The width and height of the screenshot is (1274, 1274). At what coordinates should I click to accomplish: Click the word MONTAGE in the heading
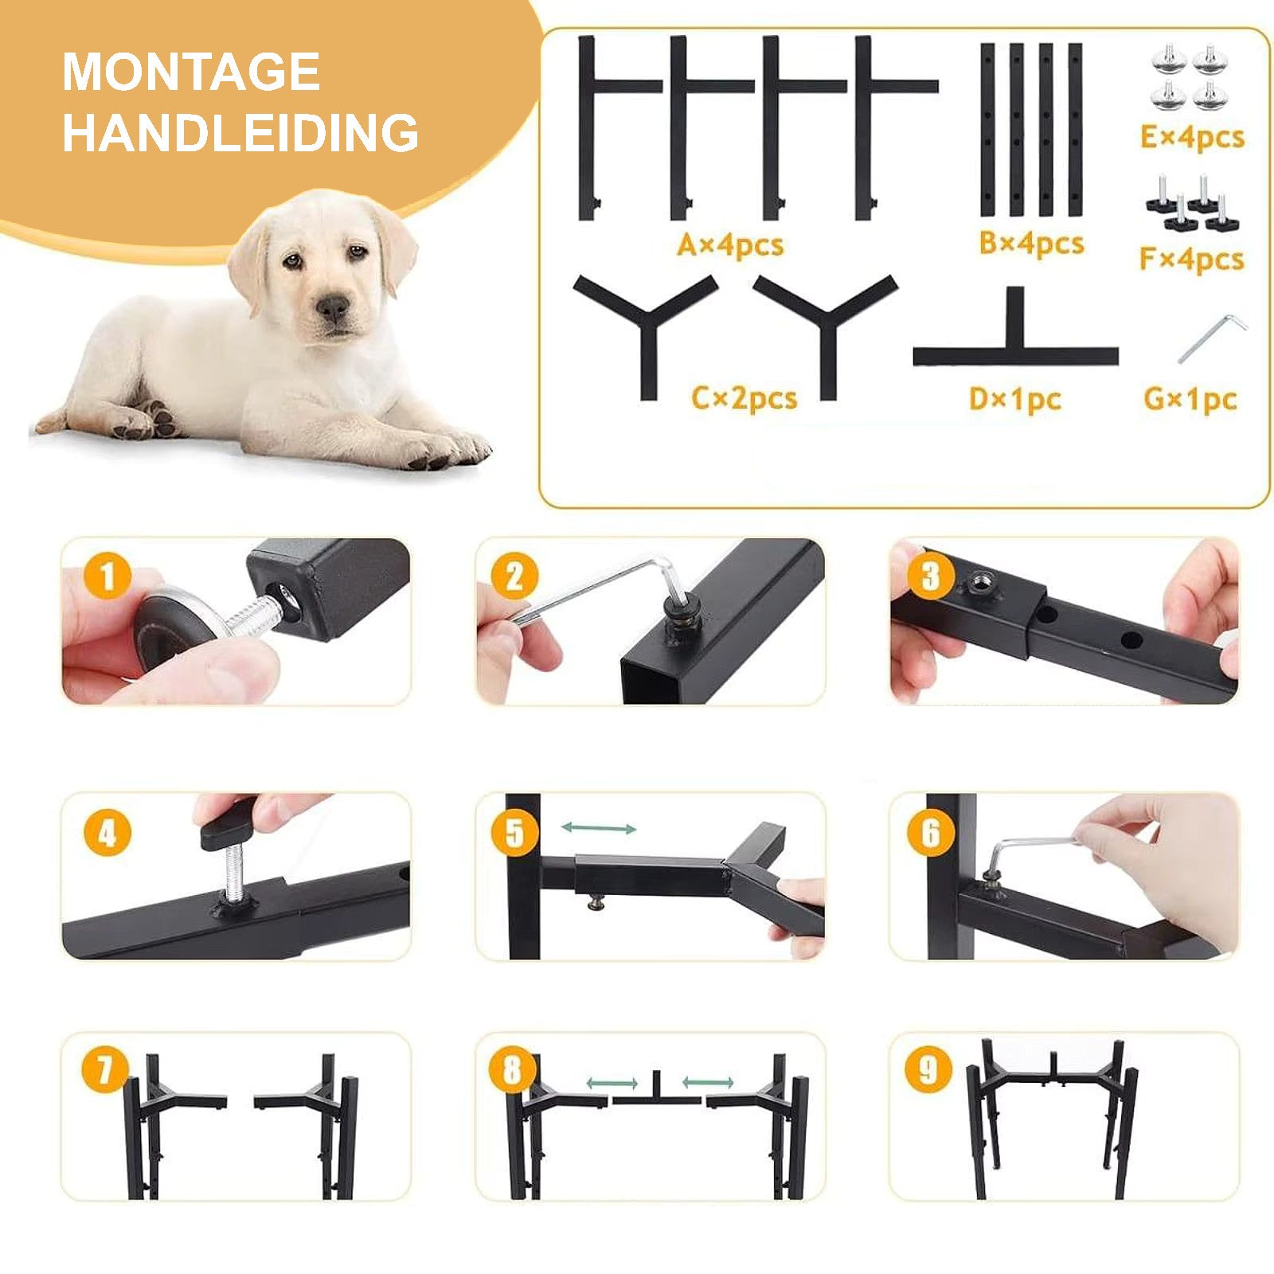pyautogui.click(x=191, y=72)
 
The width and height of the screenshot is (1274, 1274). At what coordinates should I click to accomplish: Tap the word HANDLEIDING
pyautogui.click(x=240, y=132)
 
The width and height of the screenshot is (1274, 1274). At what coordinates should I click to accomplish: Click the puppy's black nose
pyautogui.click(x=333, y=306)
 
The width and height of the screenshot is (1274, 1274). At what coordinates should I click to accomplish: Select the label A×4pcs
pyautogui.click(x=730, y=244)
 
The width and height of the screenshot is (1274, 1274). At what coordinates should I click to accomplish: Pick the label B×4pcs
pyautogui.click(x=1031, y=243)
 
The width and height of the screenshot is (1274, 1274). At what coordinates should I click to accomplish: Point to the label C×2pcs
pyautogui.click(x=744, y=397)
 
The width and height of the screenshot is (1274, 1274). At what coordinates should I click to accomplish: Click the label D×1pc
pyautogui.click(x=1015, y=398)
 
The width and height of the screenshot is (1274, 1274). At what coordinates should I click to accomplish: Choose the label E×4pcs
pyautogui.click(x=1192, y=137)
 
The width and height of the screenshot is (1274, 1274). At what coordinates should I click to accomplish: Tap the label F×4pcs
pyautogui.click(x=1191, y=259)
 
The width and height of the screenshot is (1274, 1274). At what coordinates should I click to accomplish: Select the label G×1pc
pyautogui.click(x=1190, y=398)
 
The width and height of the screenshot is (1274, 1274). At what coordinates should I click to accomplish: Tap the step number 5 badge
pyautogui.click(x=515, y=833)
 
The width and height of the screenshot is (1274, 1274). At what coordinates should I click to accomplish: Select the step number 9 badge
pyautogui.click(x=928, y=1070)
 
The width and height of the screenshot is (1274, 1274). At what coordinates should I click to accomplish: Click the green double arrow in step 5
pyautogui.click(x=599, y=828)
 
